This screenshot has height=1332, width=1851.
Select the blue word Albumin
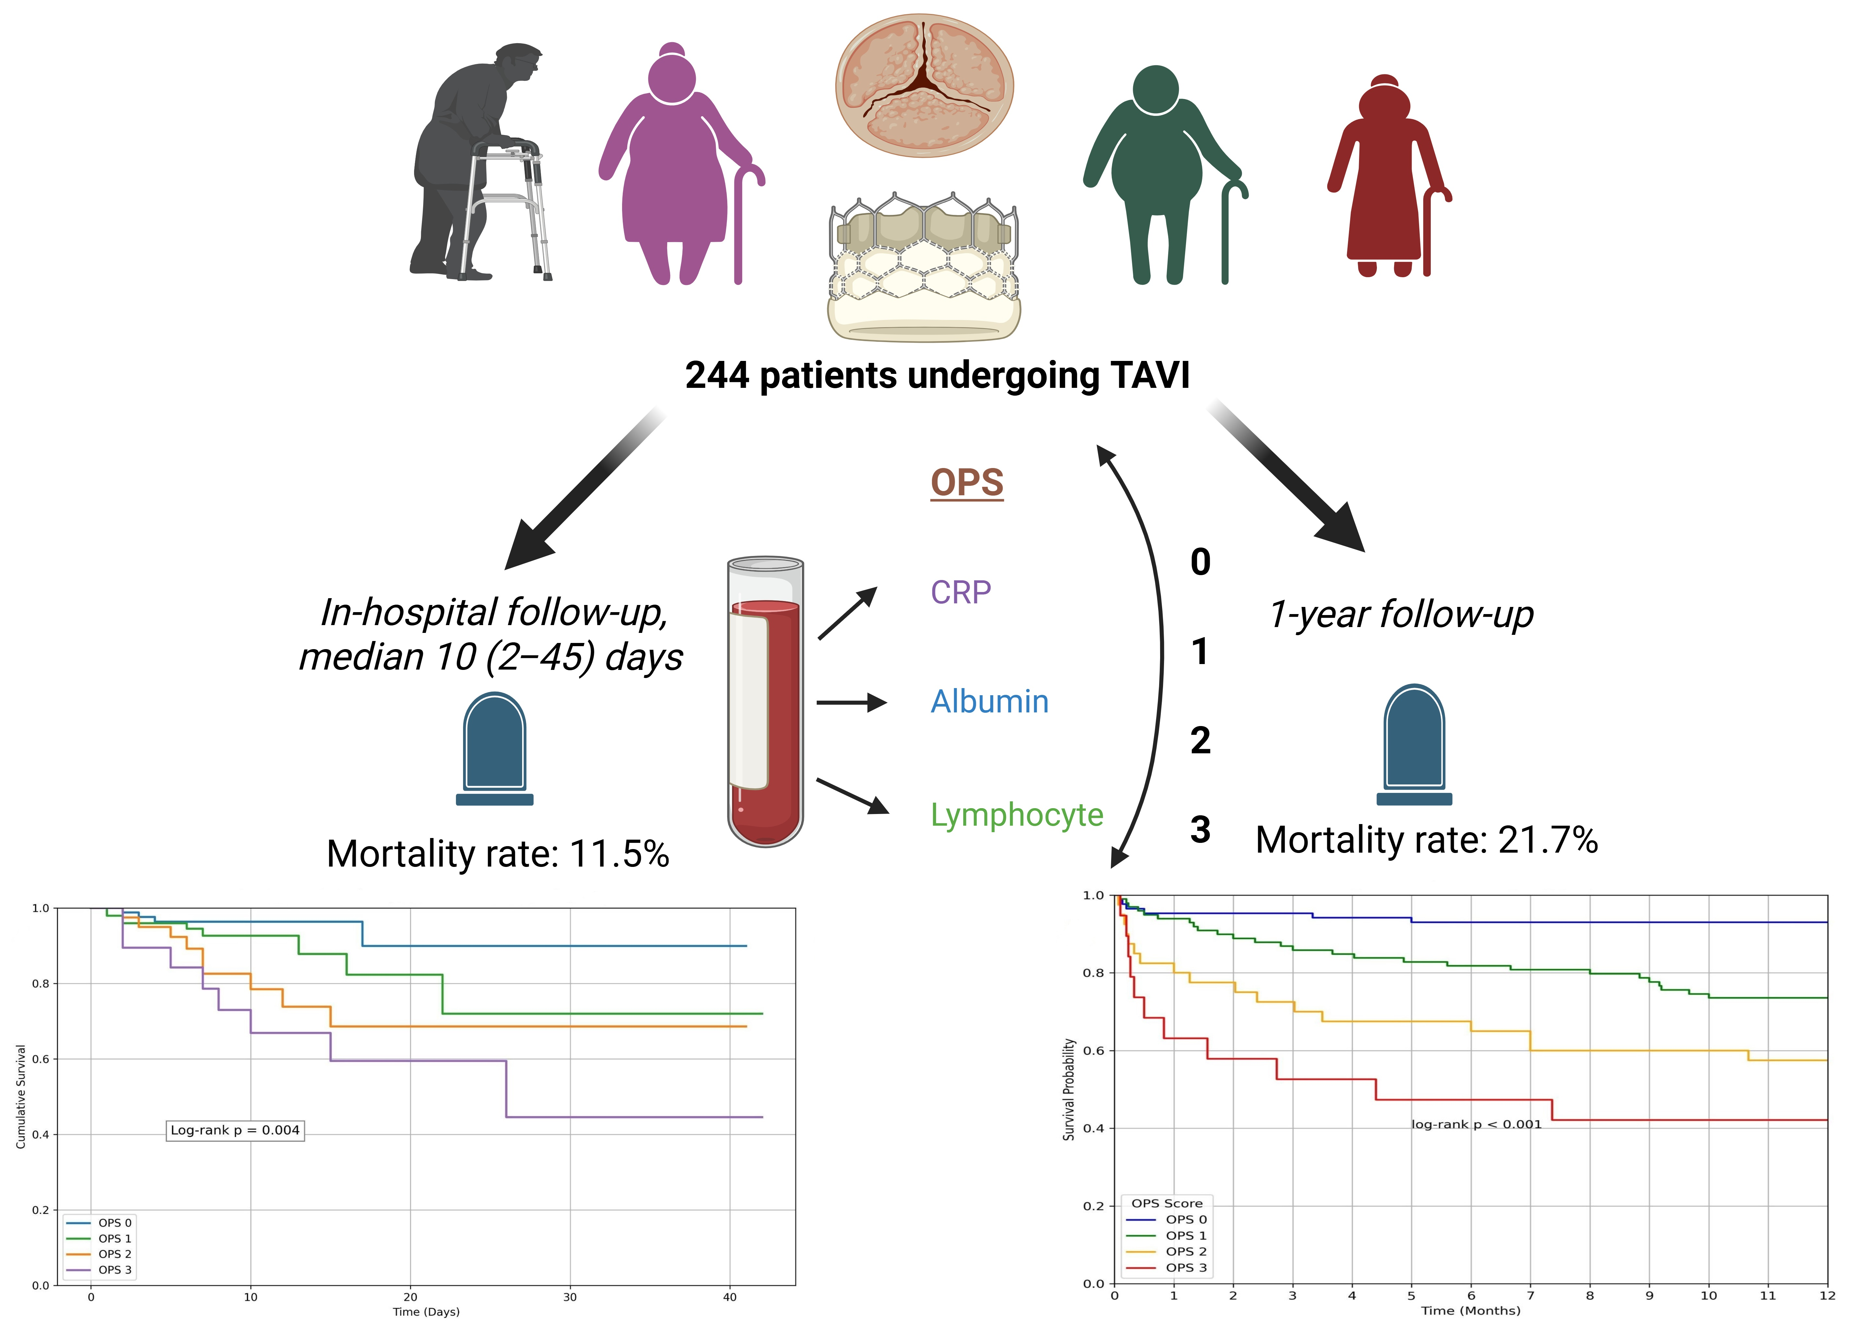pos(989,702)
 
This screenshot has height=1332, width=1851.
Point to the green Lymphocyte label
pos(1017,815)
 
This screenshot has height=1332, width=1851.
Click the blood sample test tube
pos(766,702)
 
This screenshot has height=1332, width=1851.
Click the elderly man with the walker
pos(477,163)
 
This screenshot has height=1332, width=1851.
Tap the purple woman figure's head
pos(672,78)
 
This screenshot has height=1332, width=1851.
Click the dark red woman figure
pos(1385,176)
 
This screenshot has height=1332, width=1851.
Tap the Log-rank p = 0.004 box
pos(235,1130)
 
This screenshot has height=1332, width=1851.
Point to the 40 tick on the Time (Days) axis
pos(729,1297)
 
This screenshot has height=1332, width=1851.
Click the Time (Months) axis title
pos(1471,1311)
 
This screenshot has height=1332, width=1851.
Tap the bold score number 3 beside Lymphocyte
pos(1200,830)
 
